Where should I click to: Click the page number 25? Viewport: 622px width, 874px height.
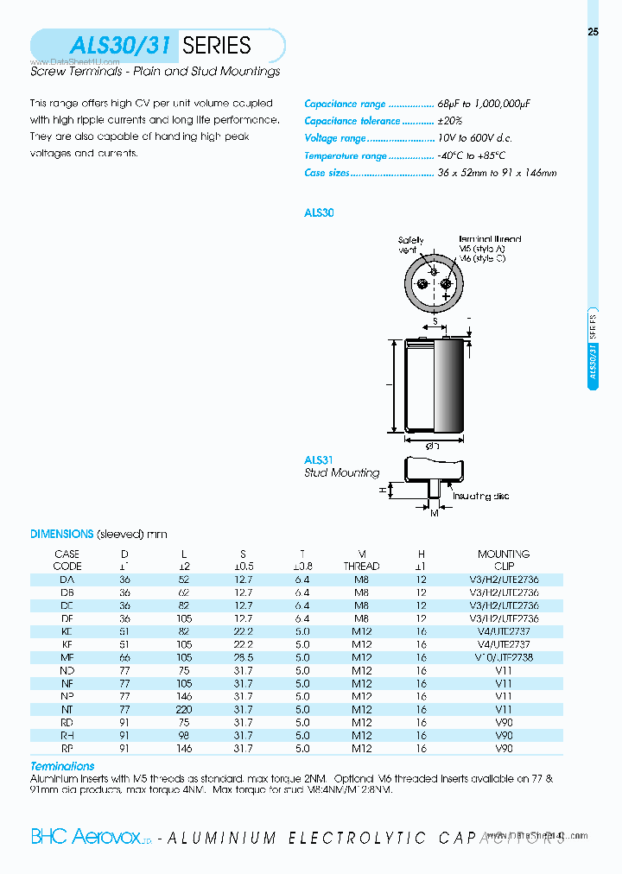593,32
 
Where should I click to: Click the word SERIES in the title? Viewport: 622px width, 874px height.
217,45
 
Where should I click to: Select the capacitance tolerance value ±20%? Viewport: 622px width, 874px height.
450,121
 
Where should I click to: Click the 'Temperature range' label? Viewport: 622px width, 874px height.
346,155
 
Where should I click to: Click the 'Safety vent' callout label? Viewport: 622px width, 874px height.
410,244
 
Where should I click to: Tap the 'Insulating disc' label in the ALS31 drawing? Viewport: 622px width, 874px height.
481,497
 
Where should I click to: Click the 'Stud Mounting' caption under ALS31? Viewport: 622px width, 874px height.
341,473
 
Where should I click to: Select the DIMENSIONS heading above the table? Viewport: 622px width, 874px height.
61,535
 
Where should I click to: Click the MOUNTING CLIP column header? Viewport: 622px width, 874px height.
504,560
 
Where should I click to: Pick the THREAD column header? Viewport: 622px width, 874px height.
361,567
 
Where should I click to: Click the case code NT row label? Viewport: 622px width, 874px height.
67,709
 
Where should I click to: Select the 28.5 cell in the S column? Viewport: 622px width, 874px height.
243,657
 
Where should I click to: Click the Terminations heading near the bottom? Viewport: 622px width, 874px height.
62,766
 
